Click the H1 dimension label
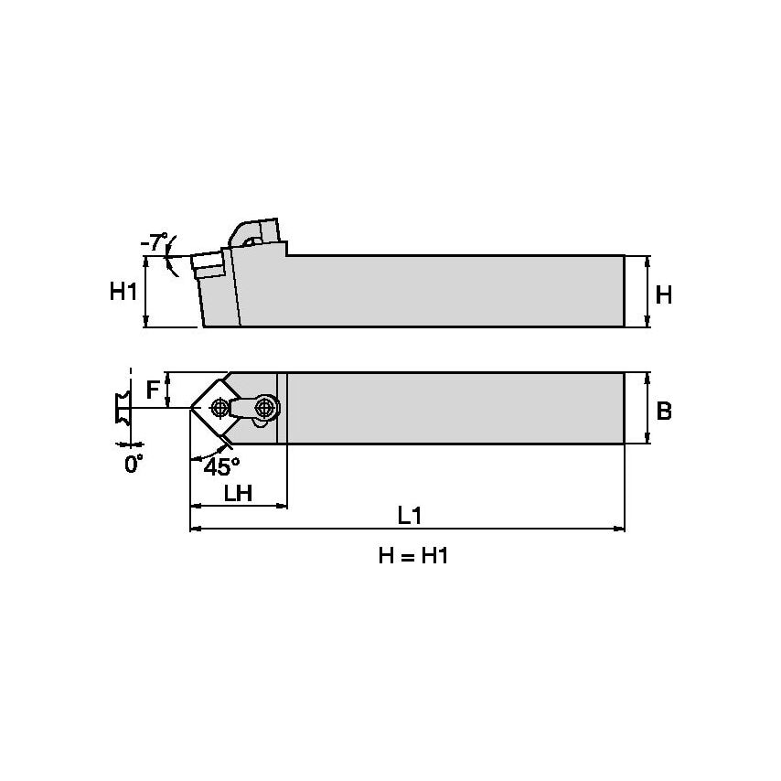[x=123, y=292]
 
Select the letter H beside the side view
[x=664, y=294]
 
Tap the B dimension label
[x=664, y=411]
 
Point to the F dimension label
[x=154, y=390]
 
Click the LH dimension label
[x=238, y=493]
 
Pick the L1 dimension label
[x=409, y=516]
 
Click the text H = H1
[x=413, y=556]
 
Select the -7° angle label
[x=155, y=243]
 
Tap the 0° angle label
[x=134, y=465]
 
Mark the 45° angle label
[x=221, y=466]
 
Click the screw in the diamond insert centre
[x=219, y=408]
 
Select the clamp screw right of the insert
[x=265, y=406]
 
